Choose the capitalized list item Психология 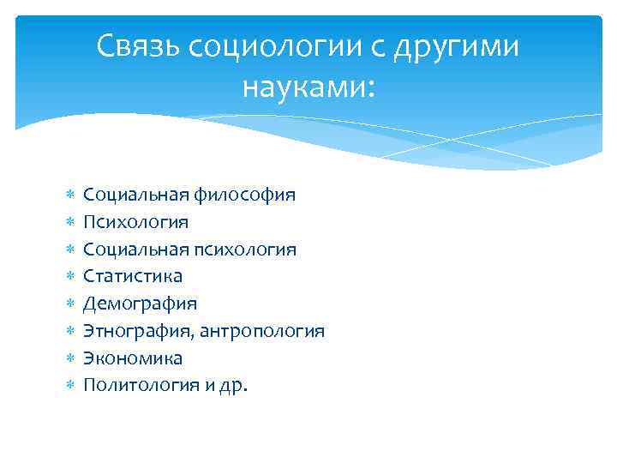(x=135, y=222)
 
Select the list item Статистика (x=132, y=276)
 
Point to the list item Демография (x=140, y=304)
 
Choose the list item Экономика (x=133, y=358)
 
